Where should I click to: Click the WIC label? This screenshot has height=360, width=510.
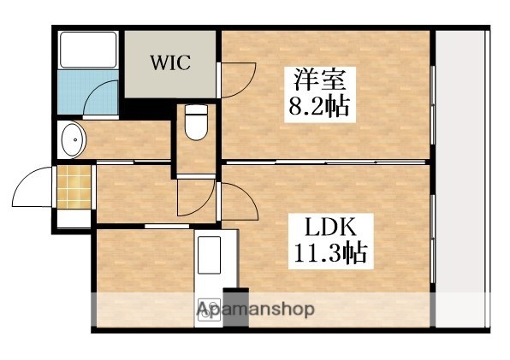(171, 63)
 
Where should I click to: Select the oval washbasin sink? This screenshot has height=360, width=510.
(71, 139)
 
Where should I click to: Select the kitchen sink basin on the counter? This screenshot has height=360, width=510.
(210, 254)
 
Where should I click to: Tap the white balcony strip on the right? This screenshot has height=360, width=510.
(463, 180)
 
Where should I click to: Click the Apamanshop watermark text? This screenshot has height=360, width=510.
(257, 309)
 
